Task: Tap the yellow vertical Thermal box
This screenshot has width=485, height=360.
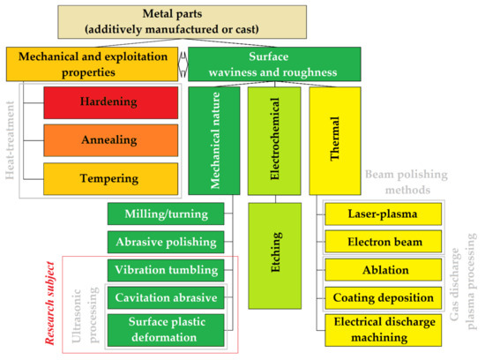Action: [x=335, y=141]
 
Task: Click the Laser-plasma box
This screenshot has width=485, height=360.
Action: [x=383, y=213]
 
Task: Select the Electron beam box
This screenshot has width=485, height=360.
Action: [x=383, y=241]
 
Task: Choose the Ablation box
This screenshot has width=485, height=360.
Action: [x=383, y=270]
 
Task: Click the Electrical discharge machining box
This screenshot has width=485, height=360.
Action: [x=383, y=330]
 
